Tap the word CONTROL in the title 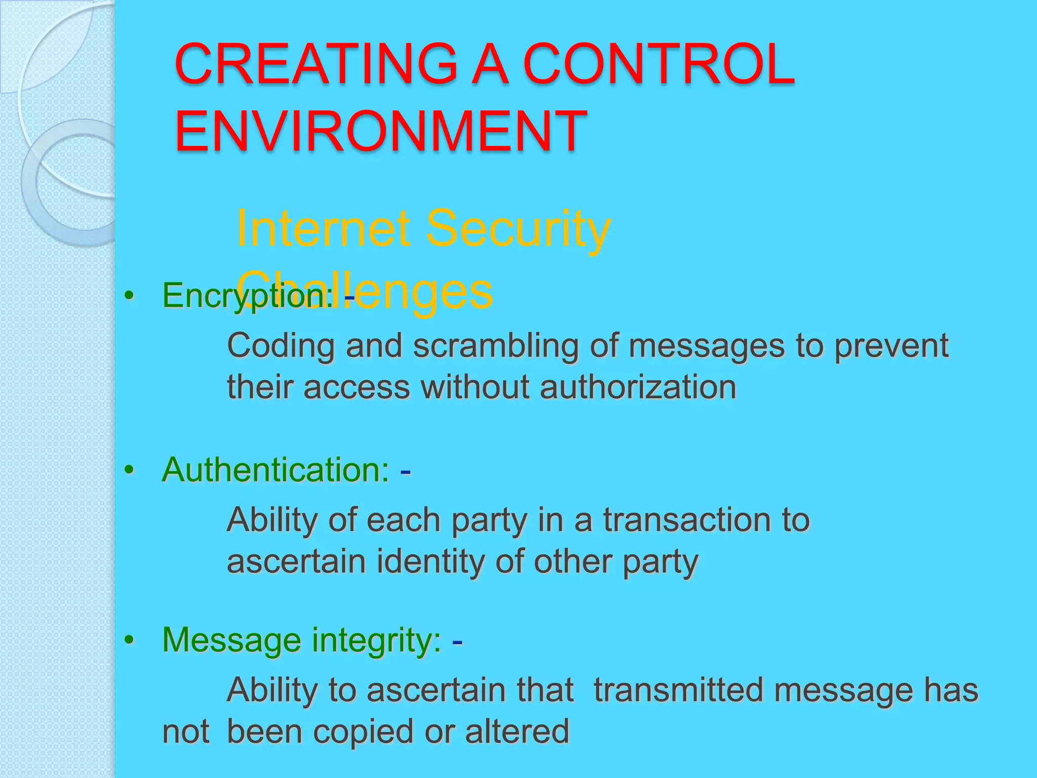pyautogui.click(x=659, y=64)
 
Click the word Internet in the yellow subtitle pyautogui.click(x=323, y=229)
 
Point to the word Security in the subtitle pyautogui.click(x=518, y=229)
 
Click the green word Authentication pyautogui.click(x=275, y=470)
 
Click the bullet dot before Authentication pyautogui.click(x=130, y=471)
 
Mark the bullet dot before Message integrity pyautogui.click(x=130, y=641)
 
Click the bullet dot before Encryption pyautogui.click(x=130, y=295)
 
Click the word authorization pyautogui.click(x=638, y=387)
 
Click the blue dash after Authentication pyautogui.click(x=405, y=472)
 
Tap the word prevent pyautogui.click(x=891, y=346)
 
